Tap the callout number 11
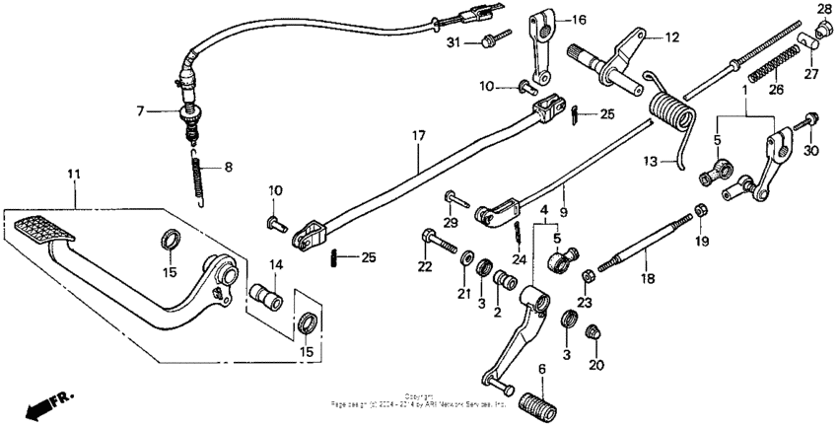(x=73, y=175)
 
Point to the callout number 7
(x=140, y=112)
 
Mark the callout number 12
(x=672, y=37)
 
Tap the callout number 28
(x=824, y=9)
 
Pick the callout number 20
(x=594, y=365)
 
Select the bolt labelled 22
(x=435, y=240)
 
